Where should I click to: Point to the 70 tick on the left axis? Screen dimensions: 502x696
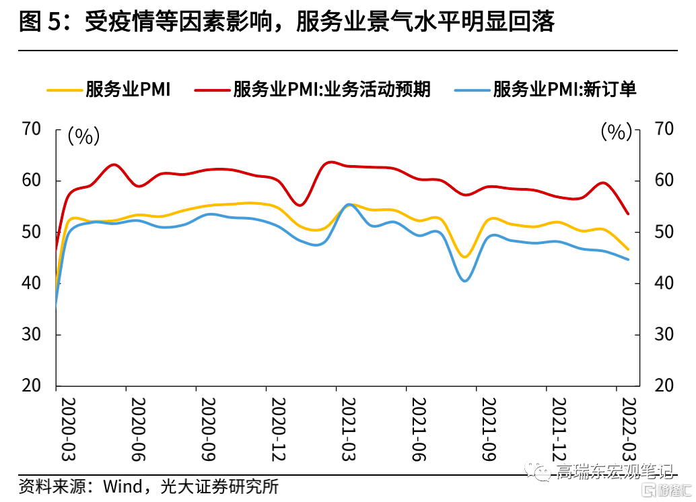[33, 129]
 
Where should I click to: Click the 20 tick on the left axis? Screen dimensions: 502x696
[33, 386]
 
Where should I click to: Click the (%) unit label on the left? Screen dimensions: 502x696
[83, 137]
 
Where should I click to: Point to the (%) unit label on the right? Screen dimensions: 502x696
[616, 132]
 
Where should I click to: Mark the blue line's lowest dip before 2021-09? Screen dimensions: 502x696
[465, 280]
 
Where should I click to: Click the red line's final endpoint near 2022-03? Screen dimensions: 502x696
[628, 214]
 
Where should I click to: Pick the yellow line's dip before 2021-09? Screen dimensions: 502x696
[464, 257]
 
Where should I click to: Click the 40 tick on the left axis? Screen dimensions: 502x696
[33, 284]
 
